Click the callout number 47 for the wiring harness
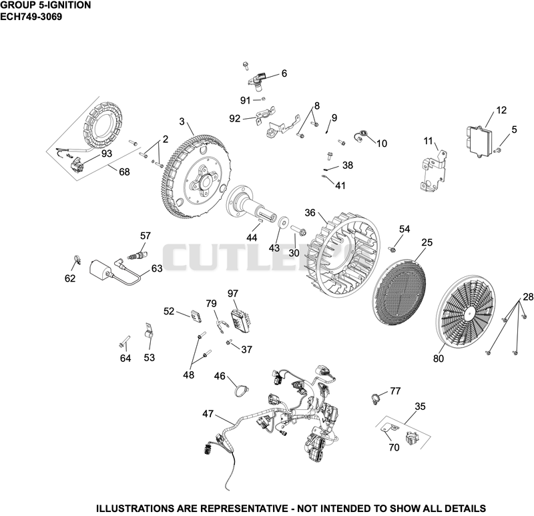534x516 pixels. coord(208,414)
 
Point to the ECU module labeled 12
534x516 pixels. coord(479,142)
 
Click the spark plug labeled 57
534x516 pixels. coord(139,255)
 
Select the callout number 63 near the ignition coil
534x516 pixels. coord(157,269)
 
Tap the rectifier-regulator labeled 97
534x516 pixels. coord(240,319)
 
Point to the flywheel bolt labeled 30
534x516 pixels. coord(298,231)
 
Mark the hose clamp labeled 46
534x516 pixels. coord(241,391)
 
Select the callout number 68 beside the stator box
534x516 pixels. coord(124,172)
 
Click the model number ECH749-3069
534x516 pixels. coord(31,17)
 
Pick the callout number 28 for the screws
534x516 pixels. coord(528,297)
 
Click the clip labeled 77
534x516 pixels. coord(374,398)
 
